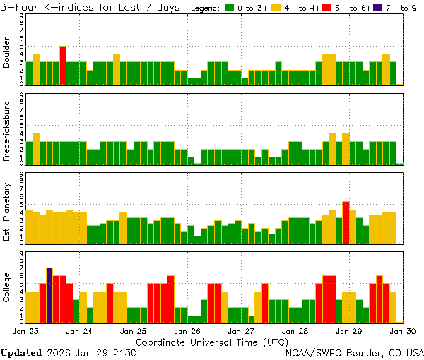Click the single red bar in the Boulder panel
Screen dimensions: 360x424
point(63,65)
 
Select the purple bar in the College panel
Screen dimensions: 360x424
point(49,294)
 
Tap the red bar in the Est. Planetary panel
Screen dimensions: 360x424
point(346,223)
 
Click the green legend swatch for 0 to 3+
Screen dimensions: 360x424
point(230,8)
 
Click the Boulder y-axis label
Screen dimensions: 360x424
point(7,53)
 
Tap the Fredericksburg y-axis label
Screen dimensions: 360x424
point(7,132)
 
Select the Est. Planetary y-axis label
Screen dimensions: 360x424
point(7,211)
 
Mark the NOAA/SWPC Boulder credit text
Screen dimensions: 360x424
point(354,352)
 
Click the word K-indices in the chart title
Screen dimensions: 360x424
point(69,7)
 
